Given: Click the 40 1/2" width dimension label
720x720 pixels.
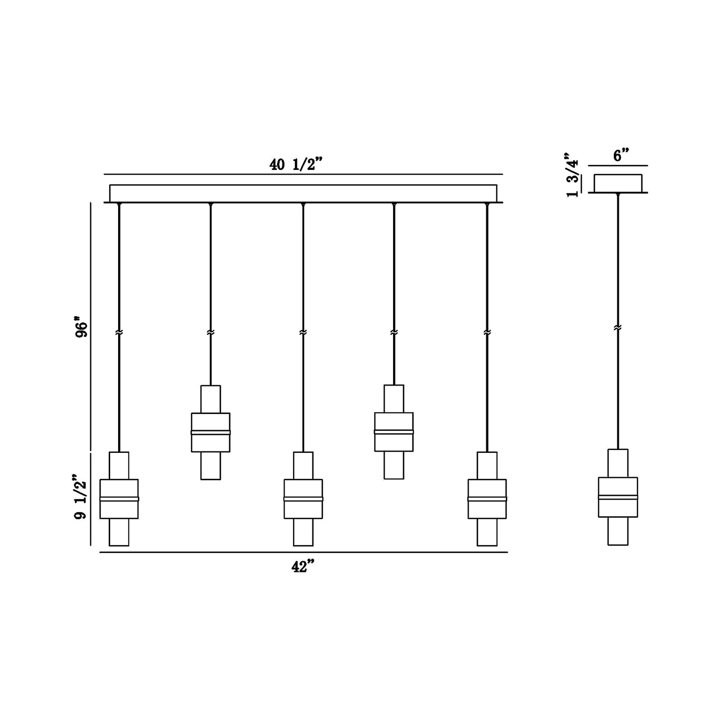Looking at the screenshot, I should point(296,164).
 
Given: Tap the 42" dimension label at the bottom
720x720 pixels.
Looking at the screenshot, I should point(303,567).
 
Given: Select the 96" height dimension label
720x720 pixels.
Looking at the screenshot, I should point(81,326).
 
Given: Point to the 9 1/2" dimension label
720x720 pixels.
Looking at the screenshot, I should point(81,497).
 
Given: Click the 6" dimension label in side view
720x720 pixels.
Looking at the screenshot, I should point(621,155).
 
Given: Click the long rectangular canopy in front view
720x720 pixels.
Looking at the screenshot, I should point(303,193).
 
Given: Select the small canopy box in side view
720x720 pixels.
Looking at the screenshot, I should point(618,183).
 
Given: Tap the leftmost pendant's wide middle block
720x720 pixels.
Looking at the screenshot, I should point(119,499).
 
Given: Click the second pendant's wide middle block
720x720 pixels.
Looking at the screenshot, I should point(211,432).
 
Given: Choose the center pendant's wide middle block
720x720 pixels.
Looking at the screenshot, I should point(303,499).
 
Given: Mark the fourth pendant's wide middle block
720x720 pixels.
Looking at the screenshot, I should point(394,432).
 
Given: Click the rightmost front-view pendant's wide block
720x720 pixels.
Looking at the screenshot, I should point(487,499).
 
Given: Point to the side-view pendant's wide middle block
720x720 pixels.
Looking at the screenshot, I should point(618,497).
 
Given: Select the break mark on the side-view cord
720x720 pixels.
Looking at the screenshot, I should point(618,328).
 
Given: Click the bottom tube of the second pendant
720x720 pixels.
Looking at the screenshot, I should point(211,466).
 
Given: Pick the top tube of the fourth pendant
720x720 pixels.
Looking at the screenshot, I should point(394,399).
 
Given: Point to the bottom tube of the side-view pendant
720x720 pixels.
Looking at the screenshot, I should point(618,531).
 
